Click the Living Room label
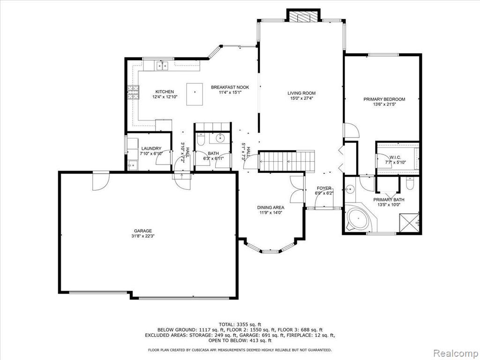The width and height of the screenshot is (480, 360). pos(301,93)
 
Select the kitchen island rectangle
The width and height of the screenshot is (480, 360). pos(195,94)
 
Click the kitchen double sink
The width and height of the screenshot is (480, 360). pos(162,66)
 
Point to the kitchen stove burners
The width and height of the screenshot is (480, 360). pos(133,92)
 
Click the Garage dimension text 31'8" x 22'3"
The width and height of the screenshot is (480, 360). pos(143,236)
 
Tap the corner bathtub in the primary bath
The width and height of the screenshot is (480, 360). pos(358,219)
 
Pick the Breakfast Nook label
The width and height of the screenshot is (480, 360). pos(230,87)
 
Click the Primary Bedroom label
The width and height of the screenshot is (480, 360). pos(384,99)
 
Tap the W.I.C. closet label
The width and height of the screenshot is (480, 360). pos(396,157)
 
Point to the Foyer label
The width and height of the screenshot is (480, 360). pos(324,188)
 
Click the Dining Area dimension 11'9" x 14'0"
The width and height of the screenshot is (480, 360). pos(270,212)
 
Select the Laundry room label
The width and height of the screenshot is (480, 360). pos(151,149)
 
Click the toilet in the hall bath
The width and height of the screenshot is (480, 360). pos(201,140)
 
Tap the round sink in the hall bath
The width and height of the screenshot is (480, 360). pos(220,138)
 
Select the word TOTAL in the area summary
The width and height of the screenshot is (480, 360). pos(227,324)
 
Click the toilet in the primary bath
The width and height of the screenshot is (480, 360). pos(410,184)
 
